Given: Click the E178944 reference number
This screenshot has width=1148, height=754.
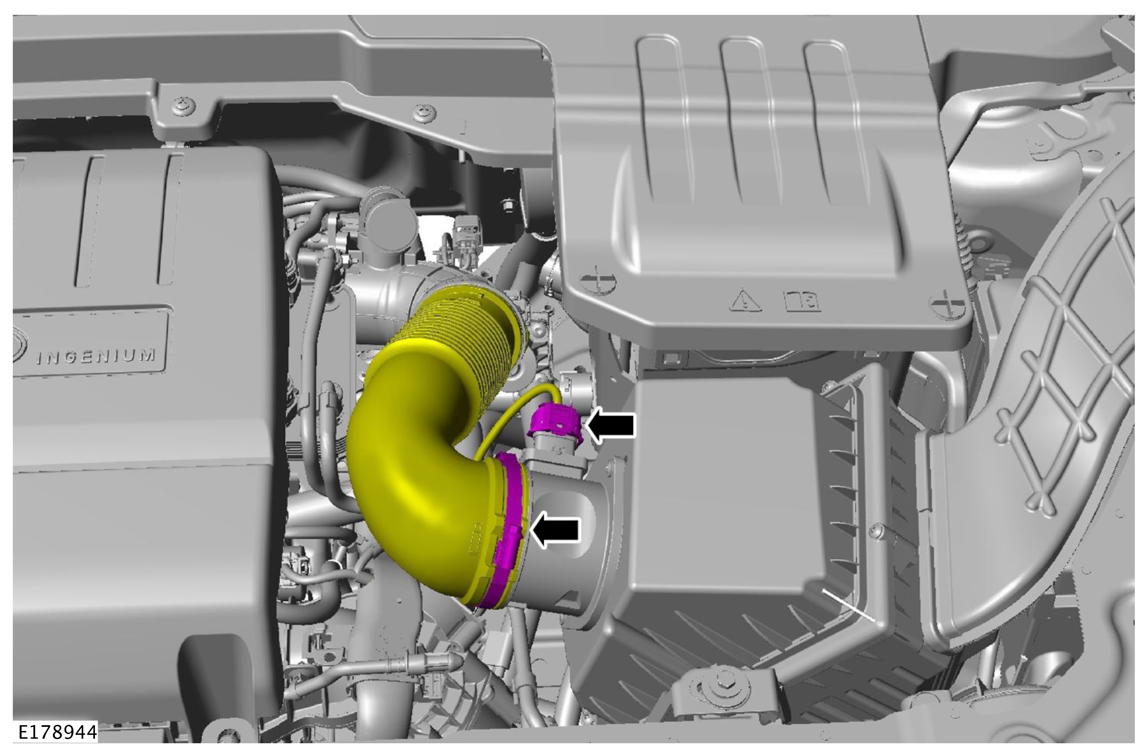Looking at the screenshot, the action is coord(57,732).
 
